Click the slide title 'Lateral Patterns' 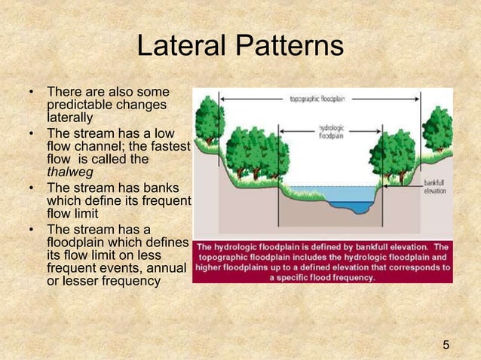coord(240,47)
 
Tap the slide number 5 coord(446,345)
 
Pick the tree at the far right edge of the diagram coord(438,128)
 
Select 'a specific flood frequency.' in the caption coord(322,276)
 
